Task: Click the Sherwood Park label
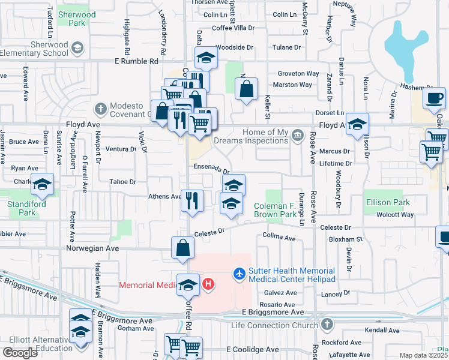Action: pyautogui.click(x=77, y=19)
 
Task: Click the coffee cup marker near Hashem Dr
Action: pyautogui.click(x=434, y=98)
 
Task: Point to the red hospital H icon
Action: pyautogui.click(x=208, y=283)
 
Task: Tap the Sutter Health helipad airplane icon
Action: pyautogui.click(x=240, y=274)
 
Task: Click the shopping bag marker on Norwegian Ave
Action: pyautogui.click(x=182, y=247)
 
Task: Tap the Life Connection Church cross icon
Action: pyautogui.click(x=327, y=325)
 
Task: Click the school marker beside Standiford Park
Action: pyautogui.click(x=42, y=184)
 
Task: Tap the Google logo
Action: pyautogui.click(x=20, y=353)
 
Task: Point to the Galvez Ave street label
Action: pyautogui.click(x=280, y=293)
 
